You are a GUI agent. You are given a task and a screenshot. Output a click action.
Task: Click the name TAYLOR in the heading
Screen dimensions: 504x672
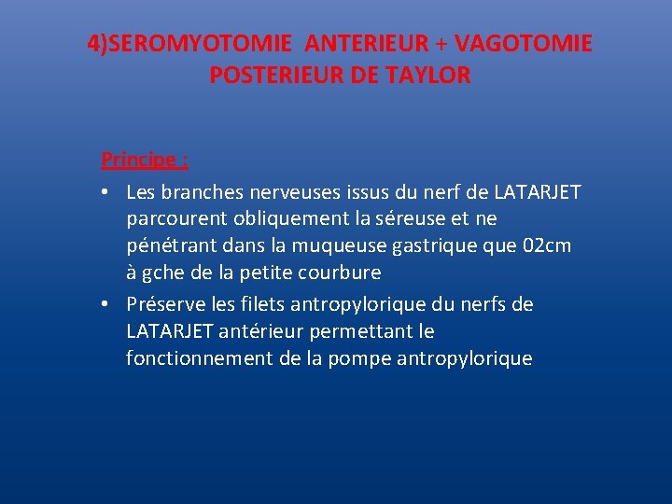(429, 76)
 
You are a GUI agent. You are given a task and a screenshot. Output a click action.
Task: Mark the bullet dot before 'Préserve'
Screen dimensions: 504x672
(107, 305)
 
